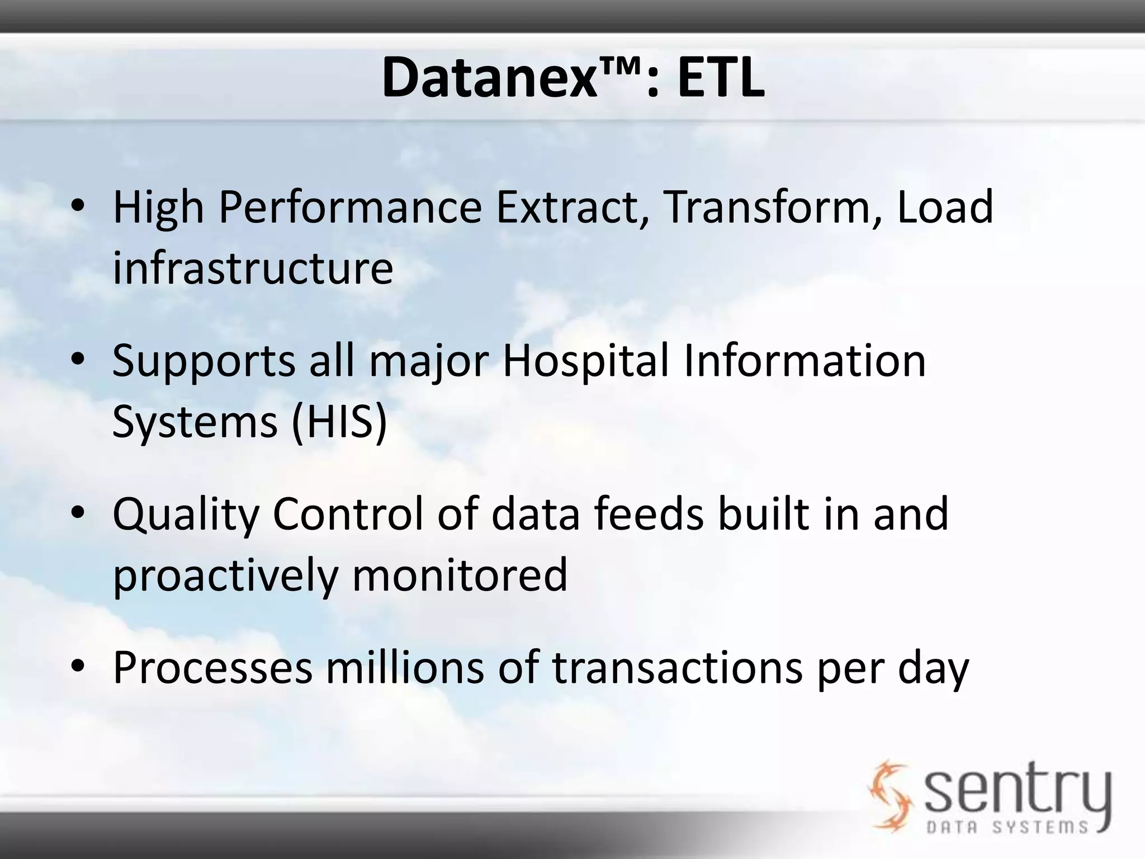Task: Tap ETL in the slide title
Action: [x=721, y=79]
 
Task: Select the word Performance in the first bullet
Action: [x=350, y=207]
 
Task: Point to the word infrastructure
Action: [x=253, y=268]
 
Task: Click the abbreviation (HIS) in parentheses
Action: [x=339, y=421]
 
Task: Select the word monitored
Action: [x=460, y=575]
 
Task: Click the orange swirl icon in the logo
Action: [x=889, y=794]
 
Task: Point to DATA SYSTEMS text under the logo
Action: [x=1006, y=827]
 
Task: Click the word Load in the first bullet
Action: [x=945, y=207]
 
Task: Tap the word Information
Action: [x=805, y=361]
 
